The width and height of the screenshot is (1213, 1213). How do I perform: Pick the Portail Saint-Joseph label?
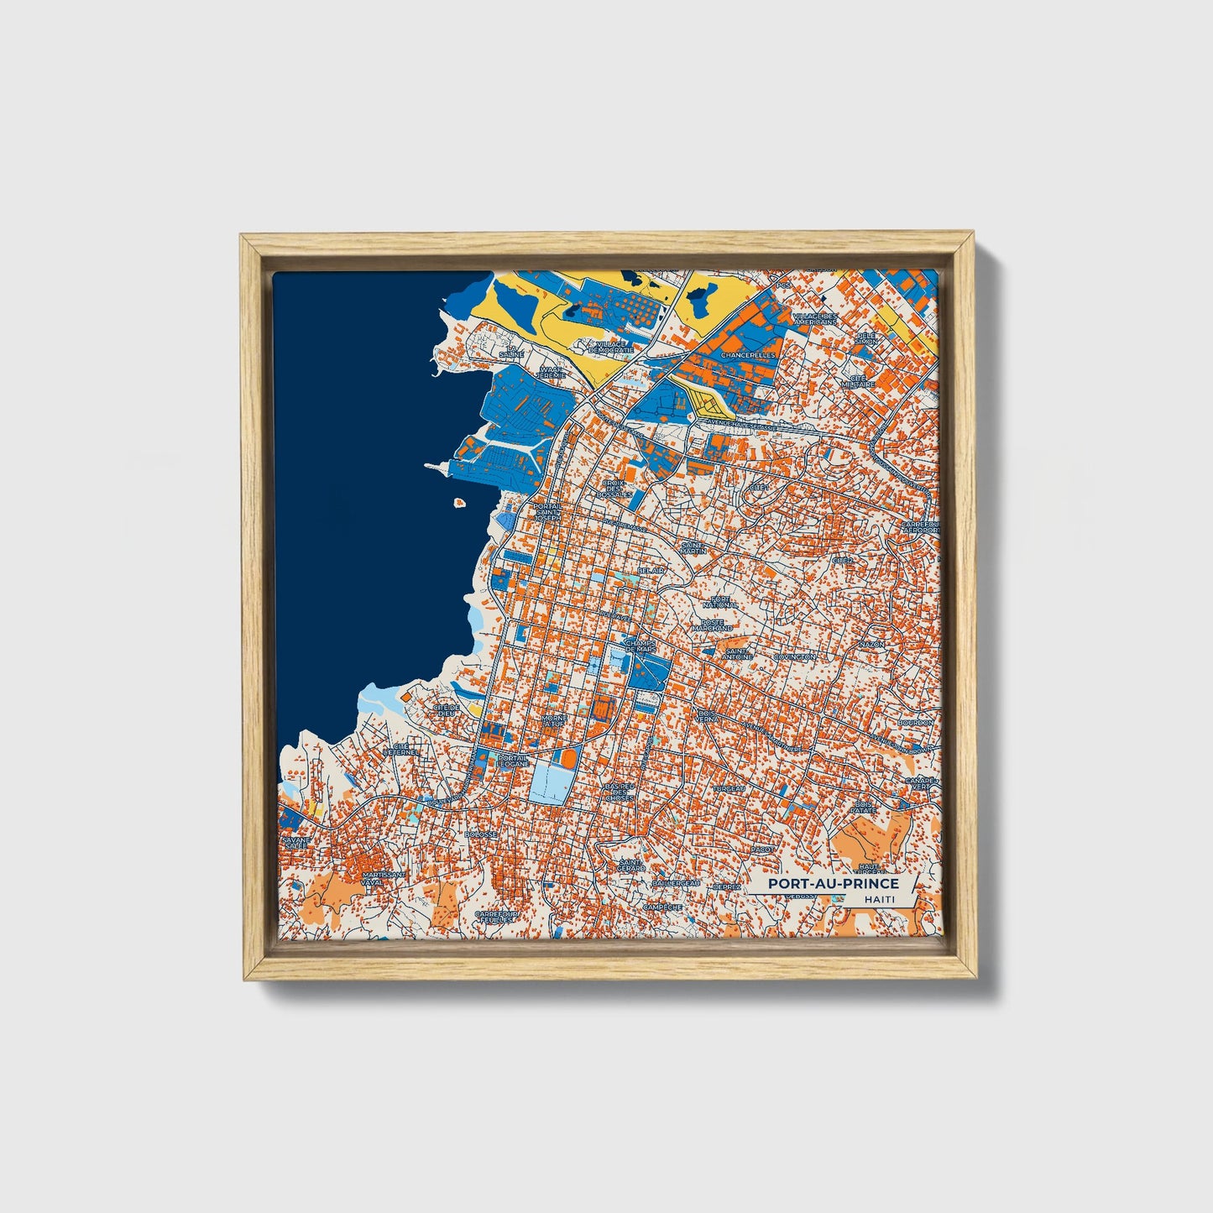[x=546, y=512]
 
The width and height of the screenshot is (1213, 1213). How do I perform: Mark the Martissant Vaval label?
[x=383, y=877]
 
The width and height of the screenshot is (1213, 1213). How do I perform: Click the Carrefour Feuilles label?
[x=497, y=917]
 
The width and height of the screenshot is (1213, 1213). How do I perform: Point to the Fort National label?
[x=719, y=601]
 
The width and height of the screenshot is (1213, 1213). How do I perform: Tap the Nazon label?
[x=871, y=644]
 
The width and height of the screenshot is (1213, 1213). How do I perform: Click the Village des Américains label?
[x=814, y=318]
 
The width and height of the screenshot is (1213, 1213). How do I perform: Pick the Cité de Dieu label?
[x=446, y=710]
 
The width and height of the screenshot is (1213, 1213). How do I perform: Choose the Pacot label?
[x=762, y=850]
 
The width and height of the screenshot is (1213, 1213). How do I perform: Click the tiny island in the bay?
[x=459, y=504]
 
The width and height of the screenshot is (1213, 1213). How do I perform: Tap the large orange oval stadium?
[x=568, y=758]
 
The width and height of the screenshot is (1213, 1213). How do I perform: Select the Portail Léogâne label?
[x=512, y=761]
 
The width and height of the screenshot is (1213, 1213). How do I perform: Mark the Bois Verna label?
[x=707, y=717]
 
